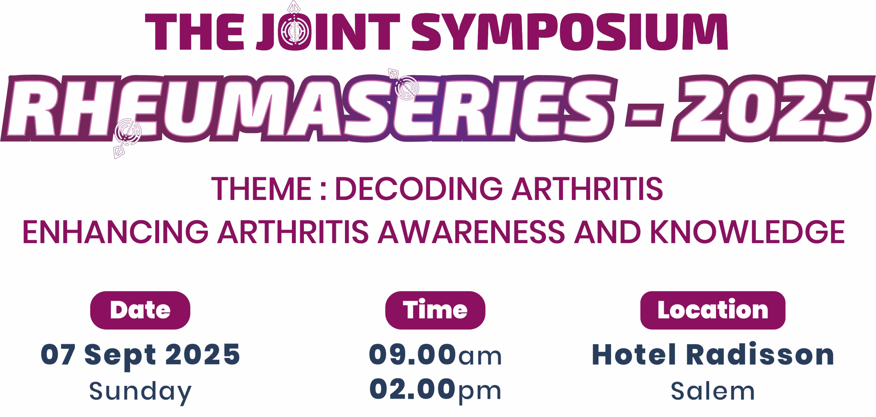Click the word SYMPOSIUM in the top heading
click(570, 31)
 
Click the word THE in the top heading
click(195, 32)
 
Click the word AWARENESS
click(471, 232)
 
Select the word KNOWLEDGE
click(747, 232)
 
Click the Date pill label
click(140, 310)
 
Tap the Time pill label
click(435, 310)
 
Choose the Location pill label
click(713, 310)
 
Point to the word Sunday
click(140, 392)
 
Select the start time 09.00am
click(435, 355)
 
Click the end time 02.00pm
click(435, 390)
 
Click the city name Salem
click(713, 391)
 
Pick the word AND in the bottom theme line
click(607, 232)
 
